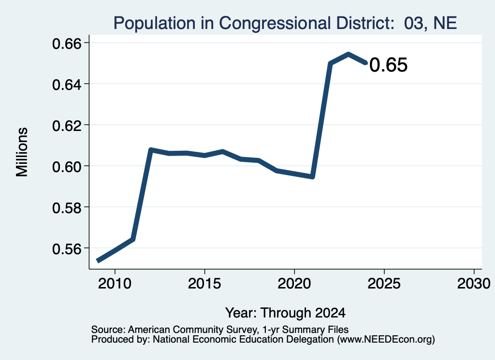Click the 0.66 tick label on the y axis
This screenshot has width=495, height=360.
point(66,43)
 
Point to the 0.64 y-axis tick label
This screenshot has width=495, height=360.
point(66,85)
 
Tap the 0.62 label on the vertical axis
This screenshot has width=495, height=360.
point(66,126)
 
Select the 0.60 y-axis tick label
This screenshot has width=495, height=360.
point(66,167)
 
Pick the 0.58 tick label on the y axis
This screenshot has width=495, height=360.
point(66,208)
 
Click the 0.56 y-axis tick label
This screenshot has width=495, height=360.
point(66,249)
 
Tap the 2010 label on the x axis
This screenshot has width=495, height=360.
point(115,283)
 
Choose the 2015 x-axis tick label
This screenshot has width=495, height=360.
point(204,283)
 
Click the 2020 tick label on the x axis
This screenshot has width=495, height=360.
point(294,283)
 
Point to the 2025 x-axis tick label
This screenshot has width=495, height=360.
point(384,283)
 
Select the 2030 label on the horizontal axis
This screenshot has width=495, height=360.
point(474,283)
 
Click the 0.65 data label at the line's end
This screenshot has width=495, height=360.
point(388,65)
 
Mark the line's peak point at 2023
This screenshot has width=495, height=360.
point(348,54)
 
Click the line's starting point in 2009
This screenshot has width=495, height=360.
point(98,260)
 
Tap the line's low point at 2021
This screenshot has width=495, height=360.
point(312,177)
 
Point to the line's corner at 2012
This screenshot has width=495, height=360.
point(151,149)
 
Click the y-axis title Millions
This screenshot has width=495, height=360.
point(22,152)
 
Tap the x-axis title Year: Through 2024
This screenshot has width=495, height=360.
point(285,313)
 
